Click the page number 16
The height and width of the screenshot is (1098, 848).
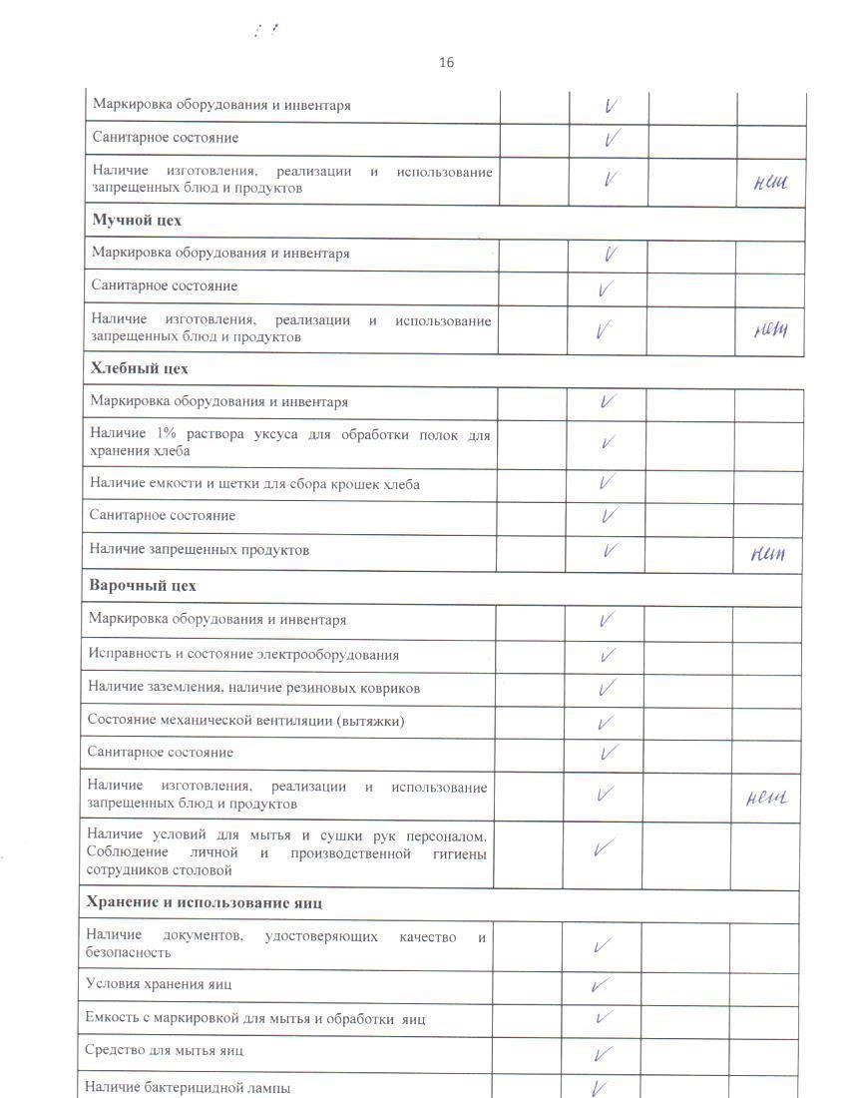[x=446, y=63]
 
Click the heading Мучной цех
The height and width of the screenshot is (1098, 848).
[x=137, y=221]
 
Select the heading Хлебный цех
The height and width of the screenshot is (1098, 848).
[x=140, y=369]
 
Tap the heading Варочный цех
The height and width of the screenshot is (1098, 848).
[x=142, y=586]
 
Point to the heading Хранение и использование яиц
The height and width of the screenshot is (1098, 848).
[x=204, y=903]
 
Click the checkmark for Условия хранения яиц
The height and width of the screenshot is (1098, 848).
[x=601, y=985]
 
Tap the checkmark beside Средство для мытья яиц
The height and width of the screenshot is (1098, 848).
[x=602, y=1053]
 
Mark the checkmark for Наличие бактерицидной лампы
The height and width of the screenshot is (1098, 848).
[x=601, y=1087]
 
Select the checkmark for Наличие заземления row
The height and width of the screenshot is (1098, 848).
[x=606, y=688]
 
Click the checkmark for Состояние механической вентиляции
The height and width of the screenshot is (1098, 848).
[x=605, y=723]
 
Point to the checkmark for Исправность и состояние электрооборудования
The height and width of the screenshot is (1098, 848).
[x=606, y=656]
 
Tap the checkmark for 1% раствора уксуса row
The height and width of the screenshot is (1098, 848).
[x=608, y=442]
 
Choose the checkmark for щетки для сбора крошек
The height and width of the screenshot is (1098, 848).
[x=606, y=482]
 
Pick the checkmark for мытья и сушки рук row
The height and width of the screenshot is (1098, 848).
[x=603, y=849]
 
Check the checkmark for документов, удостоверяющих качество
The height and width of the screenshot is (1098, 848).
[x=603, y=944]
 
